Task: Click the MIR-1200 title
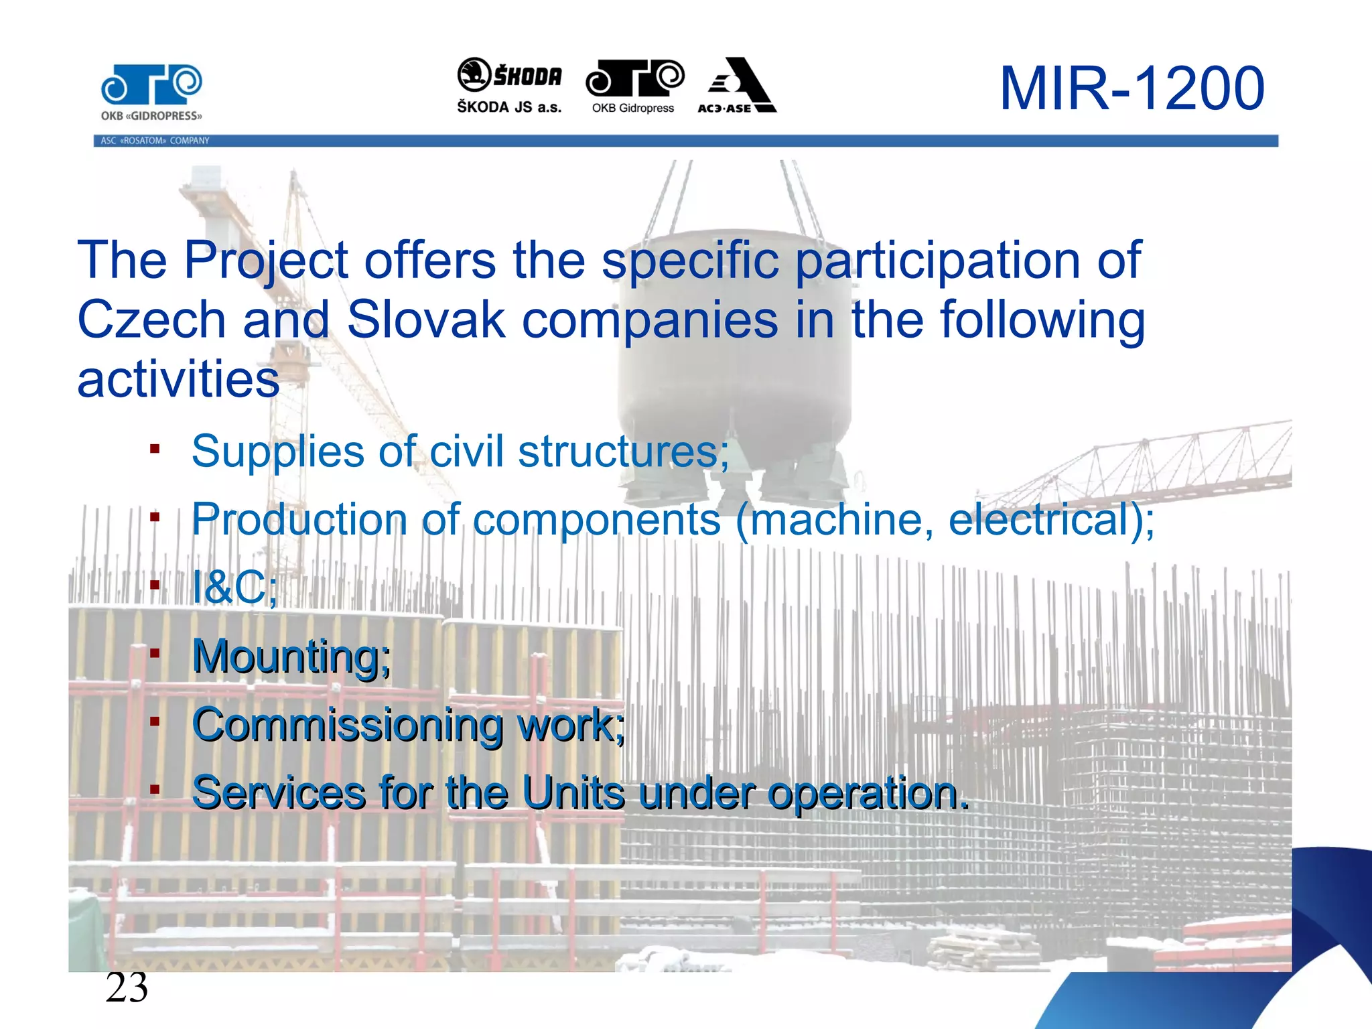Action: (1131, 88)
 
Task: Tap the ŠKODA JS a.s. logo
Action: (509, 86)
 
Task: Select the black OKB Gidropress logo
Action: (634, 86)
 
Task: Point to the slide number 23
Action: (127, 987)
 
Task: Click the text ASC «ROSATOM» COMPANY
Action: (155, 141)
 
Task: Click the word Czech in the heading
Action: (151, 320)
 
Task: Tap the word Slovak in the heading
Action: (425, 320)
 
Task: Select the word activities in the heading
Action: (178, 380)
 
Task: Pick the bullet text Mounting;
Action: (291, 657)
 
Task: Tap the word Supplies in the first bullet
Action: (277, 452)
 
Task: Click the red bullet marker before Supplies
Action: (155, 449)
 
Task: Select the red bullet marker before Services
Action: (155, 790)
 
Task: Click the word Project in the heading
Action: (266, 261)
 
